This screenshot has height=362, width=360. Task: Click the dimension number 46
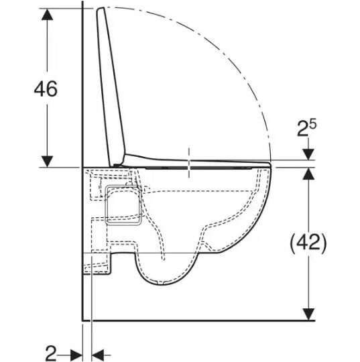(x=46, y=89)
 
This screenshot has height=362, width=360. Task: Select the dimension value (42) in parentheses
(x=308, y=243)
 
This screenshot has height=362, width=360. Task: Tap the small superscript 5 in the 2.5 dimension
(x=312, y=125)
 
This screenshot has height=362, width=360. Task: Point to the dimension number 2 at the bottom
(x=51, y=353)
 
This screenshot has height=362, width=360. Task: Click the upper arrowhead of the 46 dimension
(x=47, y=14)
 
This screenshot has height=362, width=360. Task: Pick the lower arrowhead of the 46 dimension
(x=47, y=162)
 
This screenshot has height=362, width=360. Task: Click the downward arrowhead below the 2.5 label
(x=308, y=154)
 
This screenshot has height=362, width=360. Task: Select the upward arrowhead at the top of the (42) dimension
(x=308, y=174)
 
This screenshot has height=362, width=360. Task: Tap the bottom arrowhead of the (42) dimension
(x=308, y=314)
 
